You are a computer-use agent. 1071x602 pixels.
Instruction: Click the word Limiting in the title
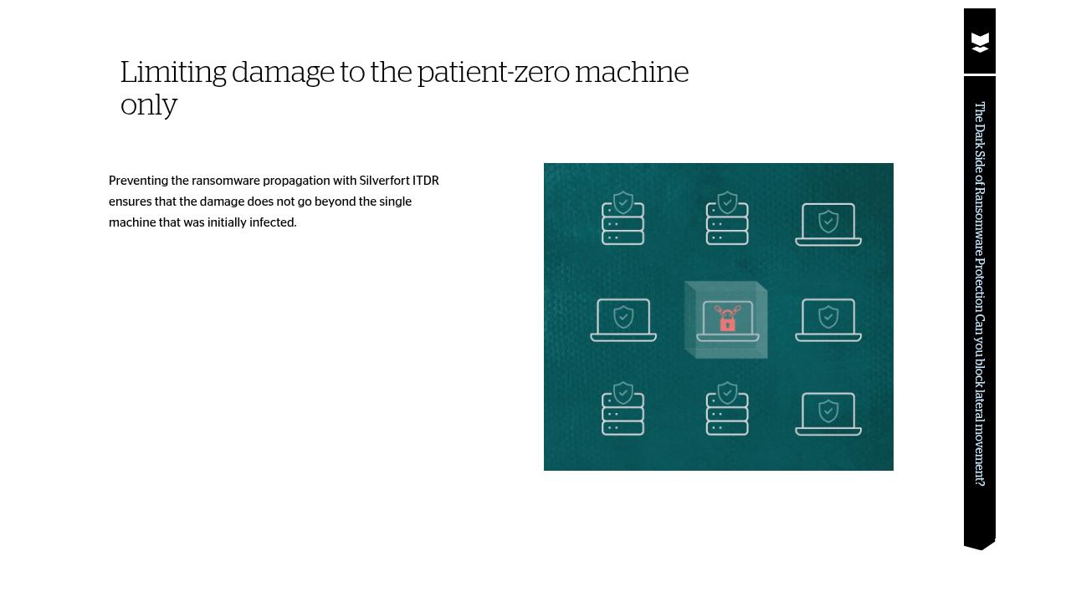pos(173,74)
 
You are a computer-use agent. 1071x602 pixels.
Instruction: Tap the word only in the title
pos(149,105)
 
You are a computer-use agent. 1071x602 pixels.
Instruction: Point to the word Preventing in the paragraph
pos(138,181)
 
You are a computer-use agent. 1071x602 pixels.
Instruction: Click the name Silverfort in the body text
pos(384,181)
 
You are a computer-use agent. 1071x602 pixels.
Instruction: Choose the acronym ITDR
pos(426,181)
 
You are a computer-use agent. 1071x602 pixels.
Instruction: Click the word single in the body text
pos(395,202)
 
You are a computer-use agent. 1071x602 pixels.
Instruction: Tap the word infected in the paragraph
pos(273,222)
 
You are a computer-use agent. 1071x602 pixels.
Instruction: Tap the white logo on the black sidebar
pos(980,43)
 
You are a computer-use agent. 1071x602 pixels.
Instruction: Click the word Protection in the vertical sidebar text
pos(980,285)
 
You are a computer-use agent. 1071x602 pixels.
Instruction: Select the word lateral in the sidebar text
pos(980,404)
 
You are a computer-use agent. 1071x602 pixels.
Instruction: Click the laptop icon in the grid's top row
pos(828,224)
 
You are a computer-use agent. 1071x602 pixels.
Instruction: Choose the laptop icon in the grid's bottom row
pos(828,414)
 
